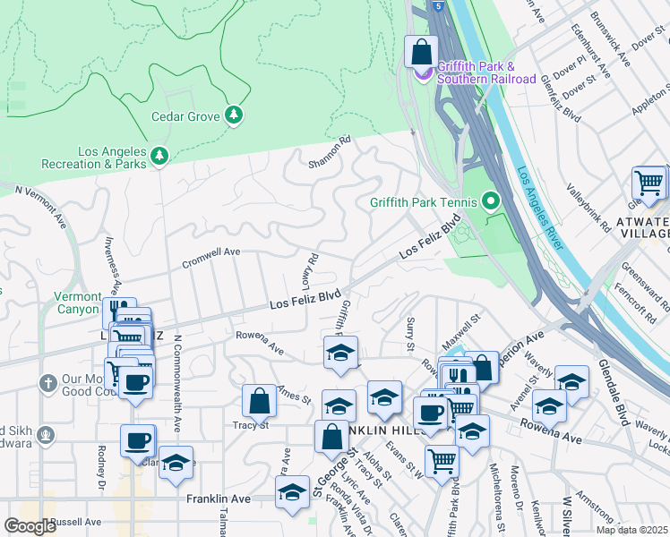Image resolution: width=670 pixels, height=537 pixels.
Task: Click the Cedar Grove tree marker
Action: tap(234, 115)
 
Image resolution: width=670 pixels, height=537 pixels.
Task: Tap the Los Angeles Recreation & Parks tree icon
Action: tap(160, 157)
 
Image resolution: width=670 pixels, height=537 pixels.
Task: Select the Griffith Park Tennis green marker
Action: tap(490, 201)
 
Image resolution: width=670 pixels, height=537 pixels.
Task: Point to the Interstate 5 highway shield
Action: tap(435, 5)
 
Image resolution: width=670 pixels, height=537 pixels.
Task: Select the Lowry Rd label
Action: tap(308, 270)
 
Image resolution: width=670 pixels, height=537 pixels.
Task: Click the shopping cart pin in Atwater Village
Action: tap(649, 183)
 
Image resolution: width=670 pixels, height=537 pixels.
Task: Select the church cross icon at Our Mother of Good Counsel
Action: tap(47, 383)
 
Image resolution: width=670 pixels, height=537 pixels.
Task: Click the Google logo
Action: tap(29, 526)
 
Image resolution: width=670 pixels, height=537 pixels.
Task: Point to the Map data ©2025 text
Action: tap(631, 530)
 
